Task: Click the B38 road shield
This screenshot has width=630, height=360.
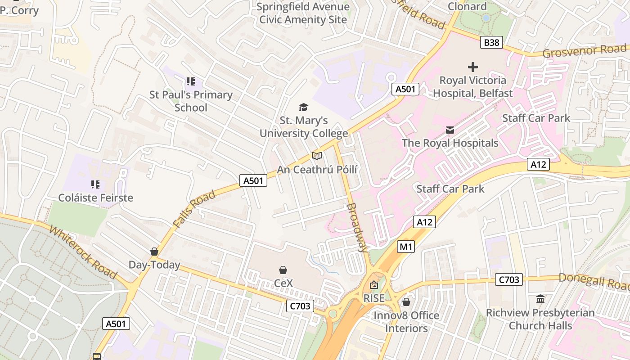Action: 491,43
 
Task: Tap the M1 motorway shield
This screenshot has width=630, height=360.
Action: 405,246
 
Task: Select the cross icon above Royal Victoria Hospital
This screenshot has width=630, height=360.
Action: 472,67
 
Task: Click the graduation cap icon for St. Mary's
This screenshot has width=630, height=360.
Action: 304,107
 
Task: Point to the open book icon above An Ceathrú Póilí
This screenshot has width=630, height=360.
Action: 317,156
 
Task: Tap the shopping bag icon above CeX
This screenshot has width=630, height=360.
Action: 283,270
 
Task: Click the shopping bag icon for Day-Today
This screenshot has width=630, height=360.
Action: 154,252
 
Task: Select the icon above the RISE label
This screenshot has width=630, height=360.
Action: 374,285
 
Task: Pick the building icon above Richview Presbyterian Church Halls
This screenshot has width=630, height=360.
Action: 540,299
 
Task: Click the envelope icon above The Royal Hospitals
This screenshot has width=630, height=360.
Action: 450,130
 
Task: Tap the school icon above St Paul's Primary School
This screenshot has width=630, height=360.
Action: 191,81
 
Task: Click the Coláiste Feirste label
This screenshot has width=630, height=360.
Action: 95,198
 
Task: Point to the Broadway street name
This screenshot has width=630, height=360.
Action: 358,227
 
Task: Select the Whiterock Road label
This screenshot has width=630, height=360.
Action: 83,252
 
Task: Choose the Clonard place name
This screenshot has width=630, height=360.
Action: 467,6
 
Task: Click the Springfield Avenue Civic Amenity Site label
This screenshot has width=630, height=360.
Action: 303,13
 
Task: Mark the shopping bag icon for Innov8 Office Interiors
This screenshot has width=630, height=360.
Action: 406,302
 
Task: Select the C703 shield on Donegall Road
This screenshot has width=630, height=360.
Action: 509,279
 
